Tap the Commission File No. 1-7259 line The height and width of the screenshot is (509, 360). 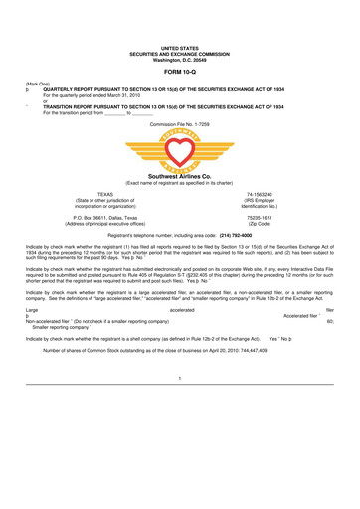180,123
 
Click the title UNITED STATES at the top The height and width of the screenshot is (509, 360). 180,46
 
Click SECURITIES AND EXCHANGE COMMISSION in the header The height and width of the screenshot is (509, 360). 180,52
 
